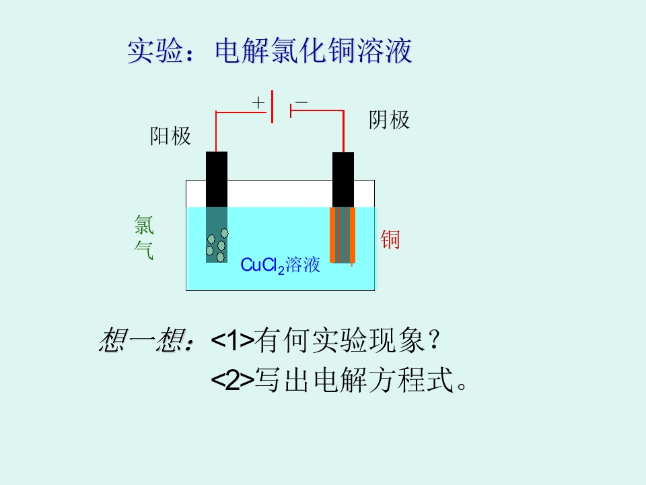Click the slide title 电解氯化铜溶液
[x=313, y=51]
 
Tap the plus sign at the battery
[x=258, y=102]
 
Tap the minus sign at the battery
[x=301, y=102]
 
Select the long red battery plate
[x=273, y=106]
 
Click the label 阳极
[x=170, y=135]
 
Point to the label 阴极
[x=389, y=120]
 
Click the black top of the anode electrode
[x=217, y=179]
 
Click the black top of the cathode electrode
[x=343, y=180]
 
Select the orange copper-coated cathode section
[x=343, y=235]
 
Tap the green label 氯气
[x=144, y=237]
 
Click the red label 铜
[x=390, y=240]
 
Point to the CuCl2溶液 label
[x=280, y=265]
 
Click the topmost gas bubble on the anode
[x=225, y=234]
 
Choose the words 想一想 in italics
[x=141, y=339]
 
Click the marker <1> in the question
[x=232, y=340]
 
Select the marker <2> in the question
[x=232, y=380]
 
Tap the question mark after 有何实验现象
[x=434, y=340]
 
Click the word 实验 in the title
[x=155, y=51]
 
